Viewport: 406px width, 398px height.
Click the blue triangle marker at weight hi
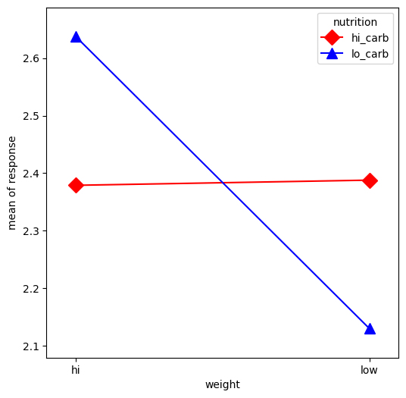76,36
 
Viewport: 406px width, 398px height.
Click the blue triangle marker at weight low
370,328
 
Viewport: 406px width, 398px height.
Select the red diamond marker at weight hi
76,185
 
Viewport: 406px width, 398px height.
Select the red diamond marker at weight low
370,180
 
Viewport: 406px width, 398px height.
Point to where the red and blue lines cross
222,183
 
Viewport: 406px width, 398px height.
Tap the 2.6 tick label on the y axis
31,58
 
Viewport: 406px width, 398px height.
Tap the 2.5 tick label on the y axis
31,116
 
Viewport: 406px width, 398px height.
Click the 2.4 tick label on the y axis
31,174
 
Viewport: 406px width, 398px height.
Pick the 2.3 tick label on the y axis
31,231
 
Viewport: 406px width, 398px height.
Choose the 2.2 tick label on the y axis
31,289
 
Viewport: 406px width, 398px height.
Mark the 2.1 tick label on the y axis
31,346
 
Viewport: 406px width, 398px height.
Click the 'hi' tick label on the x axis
76,371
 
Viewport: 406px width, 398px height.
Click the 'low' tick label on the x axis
370,371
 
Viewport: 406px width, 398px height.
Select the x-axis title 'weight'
222,385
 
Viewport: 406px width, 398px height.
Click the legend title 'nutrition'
355,22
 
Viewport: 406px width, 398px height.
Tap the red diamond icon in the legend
332,38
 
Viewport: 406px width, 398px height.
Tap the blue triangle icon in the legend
332,54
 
